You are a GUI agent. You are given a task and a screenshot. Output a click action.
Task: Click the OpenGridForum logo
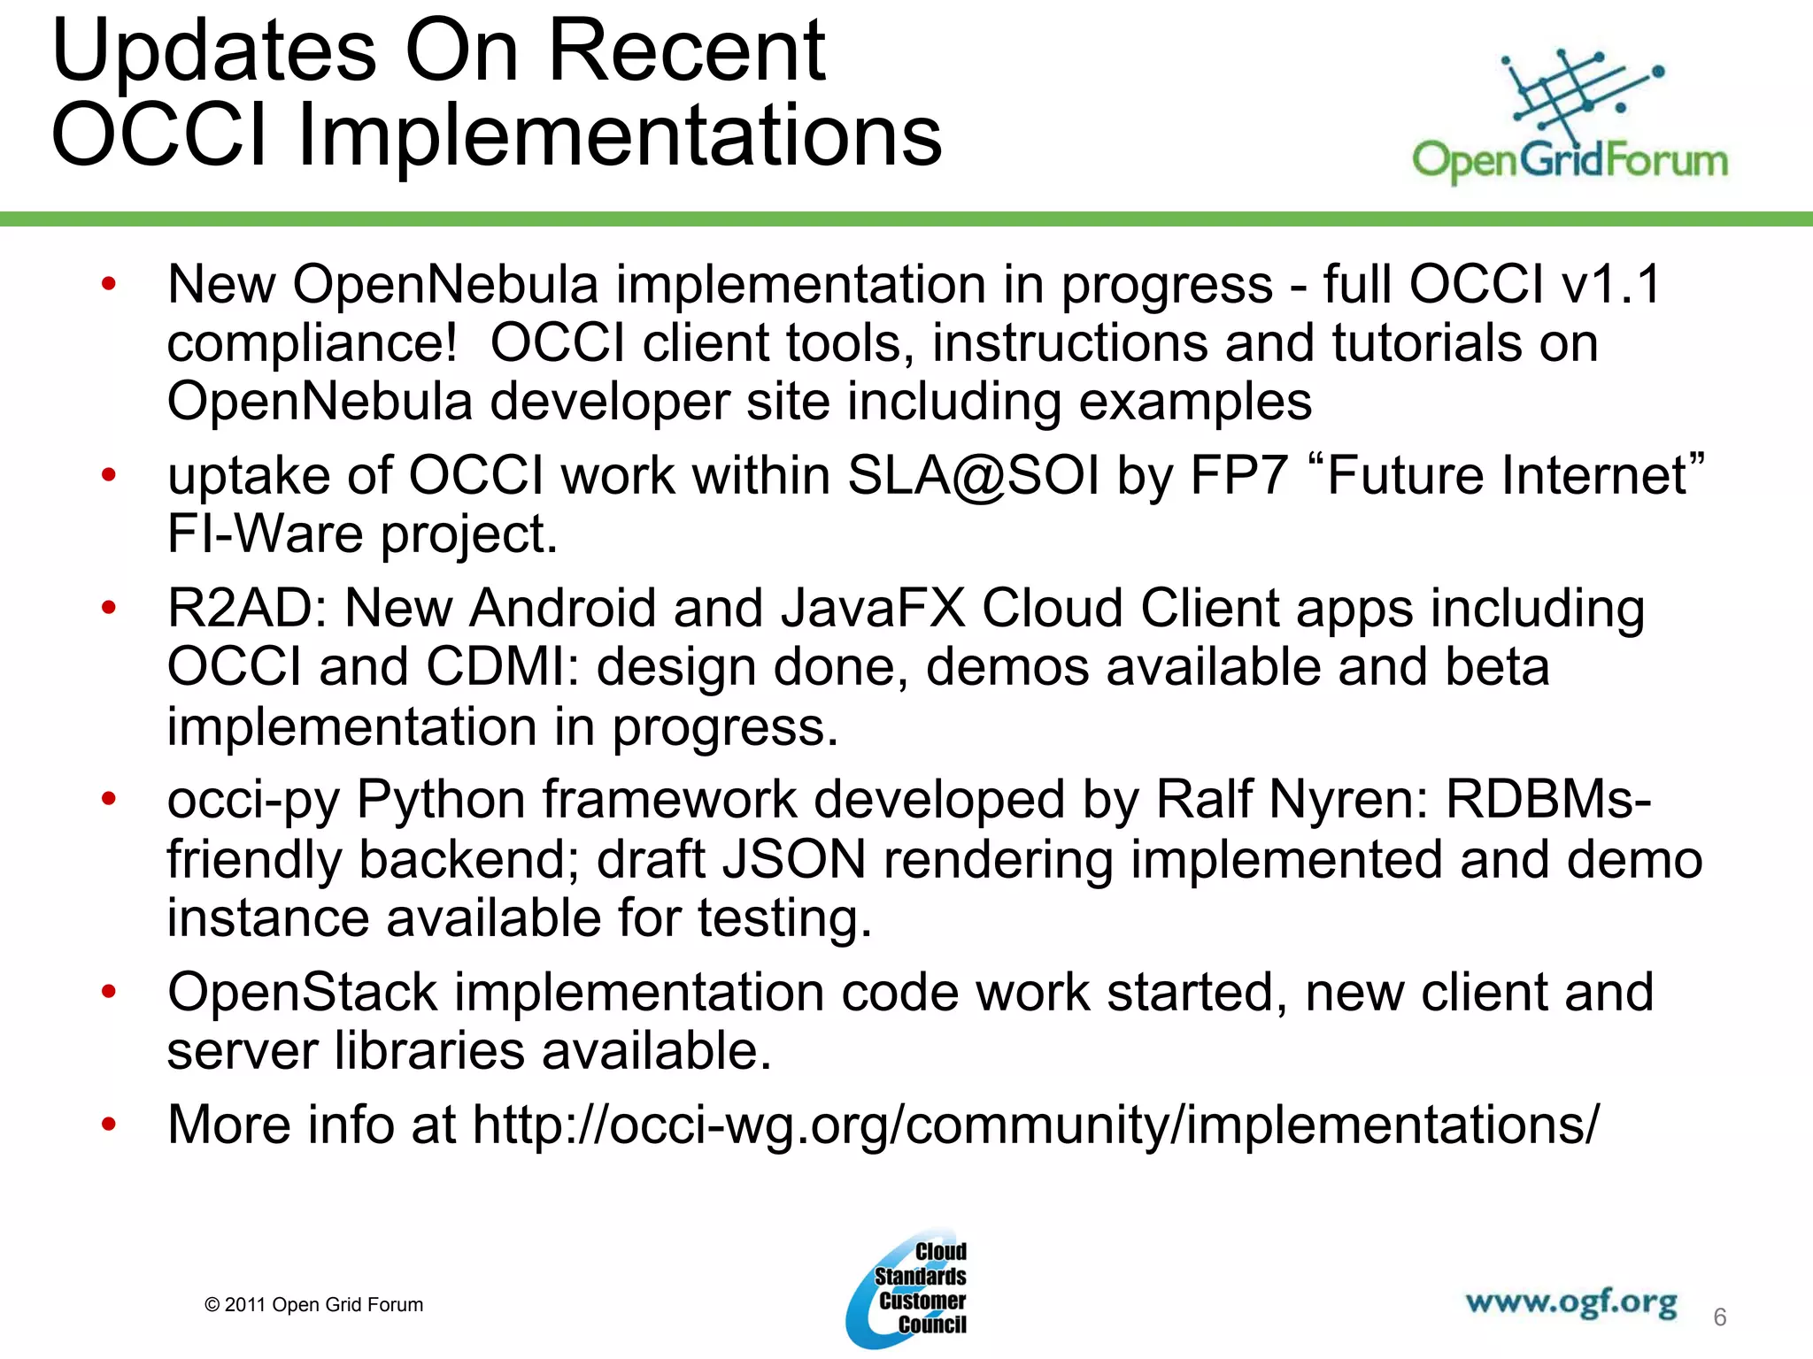point(1570,115)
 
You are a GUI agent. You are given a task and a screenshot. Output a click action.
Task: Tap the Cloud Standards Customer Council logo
point(907,1288)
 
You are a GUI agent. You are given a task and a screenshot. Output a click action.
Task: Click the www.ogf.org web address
point(1570,1302)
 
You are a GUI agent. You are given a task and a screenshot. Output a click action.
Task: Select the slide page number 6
point(1719,1317)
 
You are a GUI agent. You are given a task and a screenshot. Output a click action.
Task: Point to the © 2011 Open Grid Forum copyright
point(313,1305)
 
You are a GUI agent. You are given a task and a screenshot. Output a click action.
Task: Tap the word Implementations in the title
point(620,135)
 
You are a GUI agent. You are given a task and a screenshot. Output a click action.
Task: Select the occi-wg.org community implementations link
point(1036,1125)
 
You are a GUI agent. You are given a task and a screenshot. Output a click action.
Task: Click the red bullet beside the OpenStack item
point(109,991)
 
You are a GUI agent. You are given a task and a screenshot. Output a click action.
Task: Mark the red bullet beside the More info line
point(109,1125)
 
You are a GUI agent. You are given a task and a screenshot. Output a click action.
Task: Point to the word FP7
point(1238,476)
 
